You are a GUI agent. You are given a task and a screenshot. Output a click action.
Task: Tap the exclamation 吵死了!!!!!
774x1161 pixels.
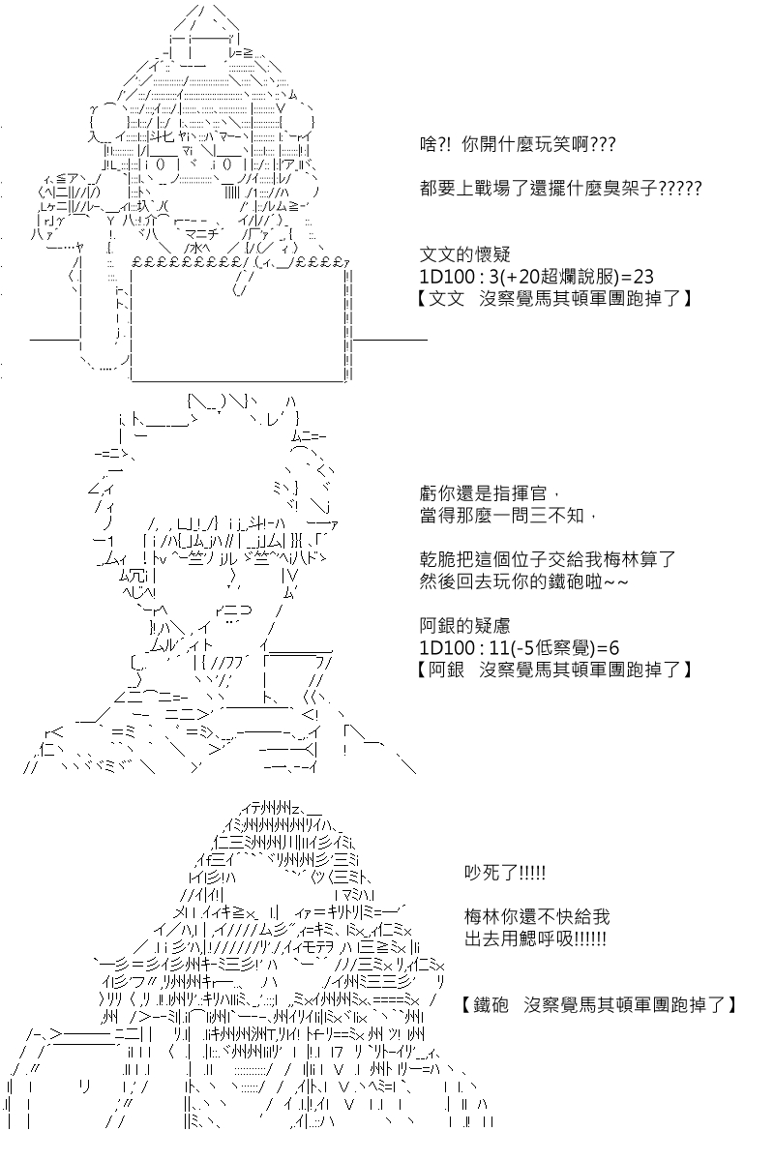[x=504, y=873]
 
